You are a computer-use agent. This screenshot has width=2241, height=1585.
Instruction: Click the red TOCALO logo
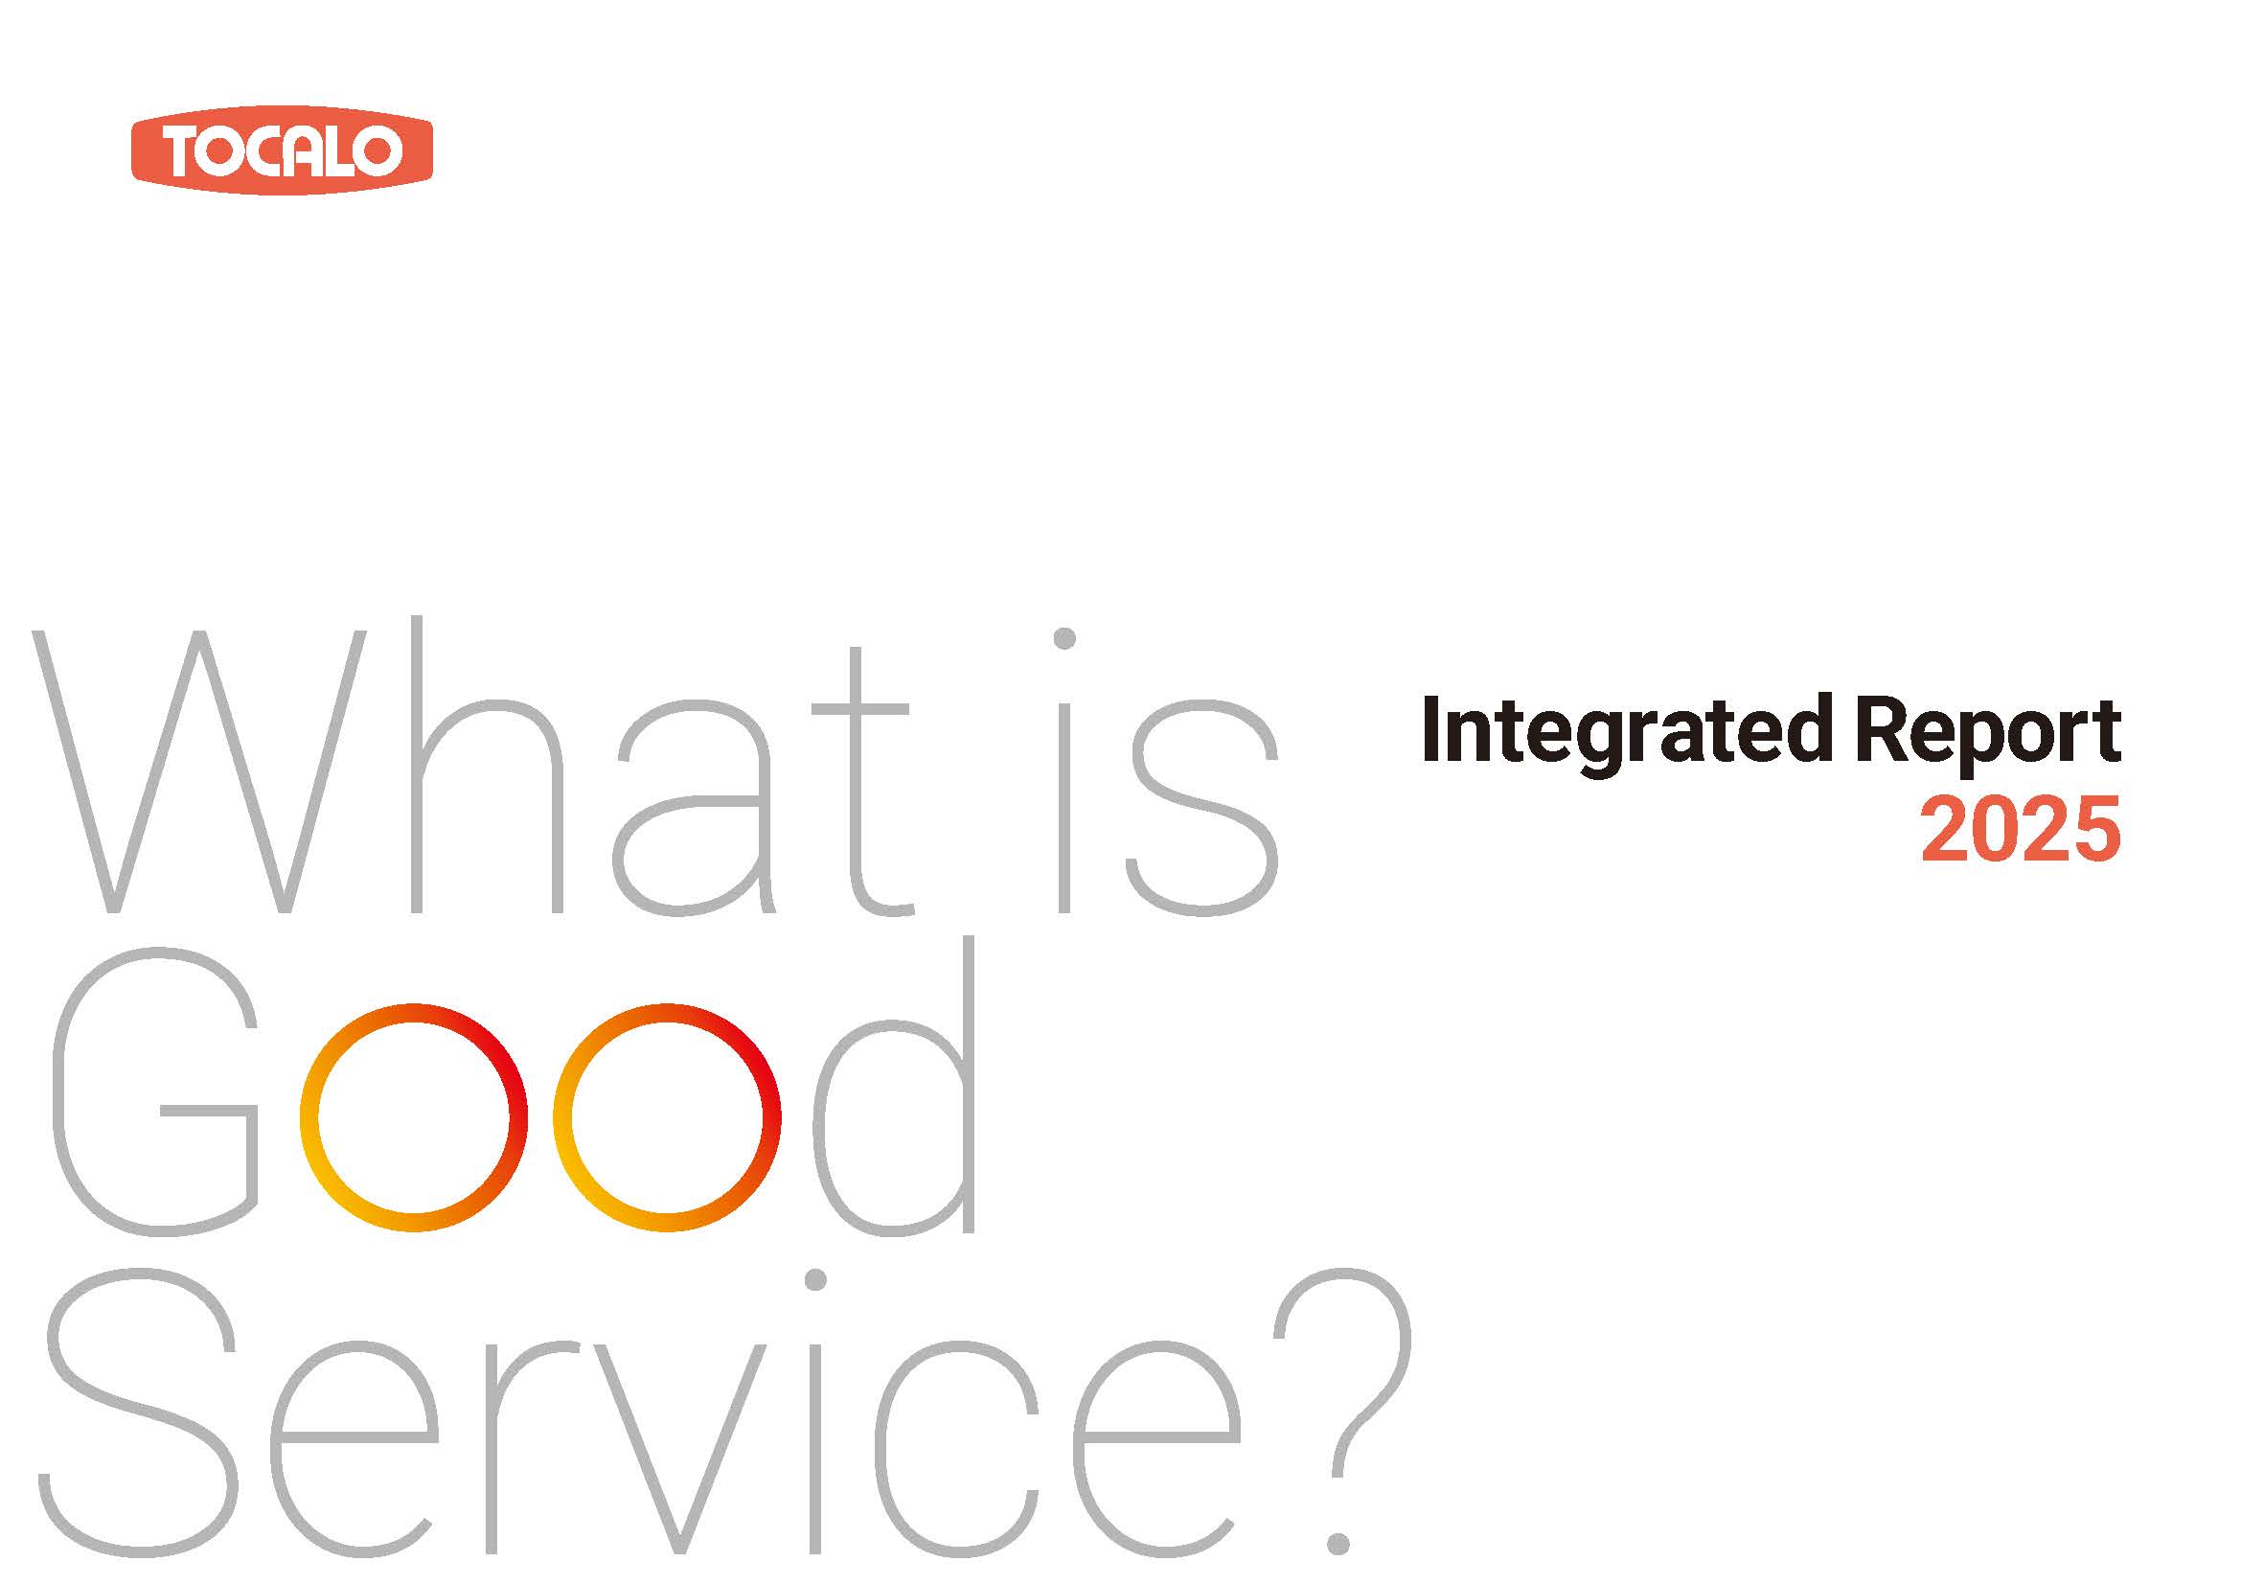pyautogui.click(x=281, y=151)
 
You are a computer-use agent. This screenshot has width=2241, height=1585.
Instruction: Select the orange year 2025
pyautogui.click(x=2021, y=831)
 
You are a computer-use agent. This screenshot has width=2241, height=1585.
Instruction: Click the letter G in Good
pyautogui.click(x=156, y=1093)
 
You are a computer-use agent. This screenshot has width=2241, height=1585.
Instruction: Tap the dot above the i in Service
pyautogui.click(x=816, y=1279)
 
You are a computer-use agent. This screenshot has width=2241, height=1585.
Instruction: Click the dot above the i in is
pyautogui.click(x=1064, y=638)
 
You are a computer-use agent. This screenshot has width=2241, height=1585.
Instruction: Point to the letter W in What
pyautogui.click(x=200, y=771)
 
